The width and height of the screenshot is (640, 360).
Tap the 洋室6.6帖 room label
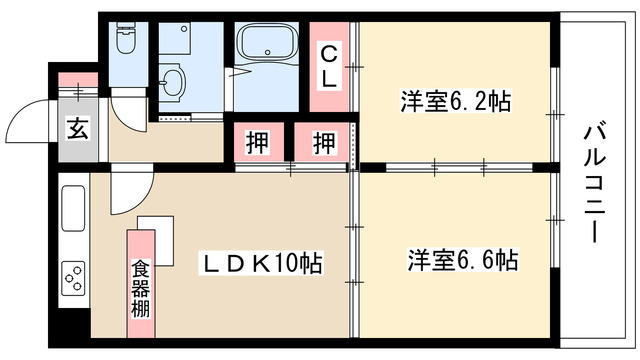pos(462,261)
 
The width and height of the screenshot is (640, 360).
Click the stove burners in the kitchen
pos(75,275)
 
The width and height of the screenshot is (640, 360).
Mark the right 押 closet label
pos(323,142)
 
